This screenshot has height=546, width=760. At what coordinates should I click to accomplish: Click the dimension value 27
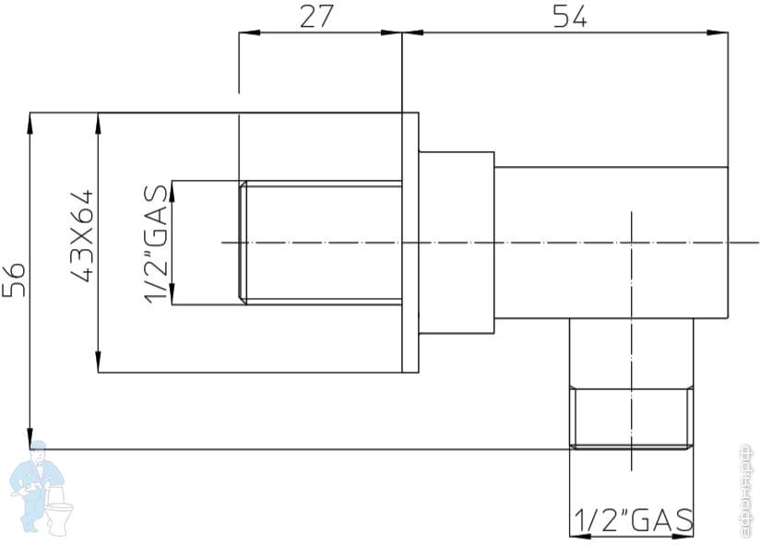pos(315,17)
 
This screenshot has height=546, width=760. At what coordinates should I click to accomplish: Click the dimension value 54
pos(569,17)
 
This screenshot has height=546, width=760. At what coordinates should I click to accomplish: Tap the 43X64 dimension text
pos(82,237)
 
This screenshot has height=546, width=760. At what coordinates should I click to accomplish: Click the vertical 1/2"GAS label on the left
pos(156,242)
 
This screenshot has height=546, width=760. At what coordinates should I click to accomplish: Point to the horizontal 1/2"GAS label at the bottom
pos(633,521)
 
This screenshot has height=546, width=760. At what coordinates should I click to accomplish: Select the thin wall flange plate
pos(410,243)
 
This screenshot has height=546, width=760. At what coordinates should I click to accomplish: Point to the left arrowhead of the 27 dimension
pos(246,34)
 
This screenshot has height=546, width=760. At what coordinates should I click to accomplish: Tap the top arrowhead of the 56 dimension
pos(30,121)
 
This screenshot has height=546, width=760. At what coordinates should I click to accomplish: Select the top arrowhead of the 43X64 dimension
pos(98,121)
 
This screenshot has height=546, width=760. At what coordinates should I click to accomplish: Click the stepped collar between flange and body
pos(457,243)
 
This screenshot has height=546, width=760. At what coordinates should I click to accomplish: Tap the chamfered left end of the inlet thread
pos(243,242)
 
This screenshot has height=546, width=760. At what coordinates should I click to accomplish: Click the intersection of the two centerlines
pos(632,243)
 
